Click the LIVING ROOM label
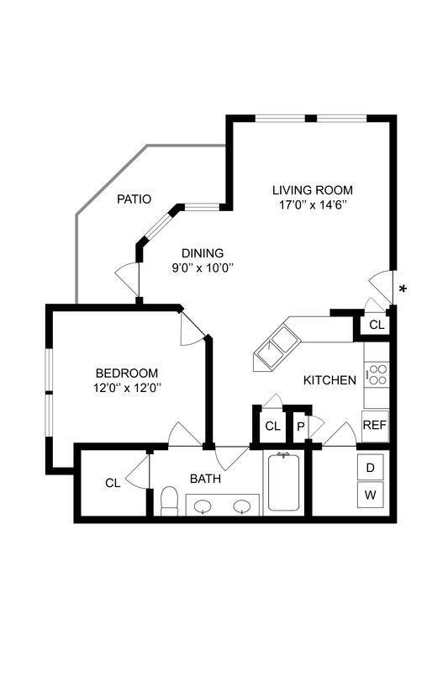coord(312,189)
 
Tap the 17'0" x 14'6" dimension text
coord(312,204)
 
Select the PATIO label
coord(134,199)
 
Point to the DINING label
coord(203,252)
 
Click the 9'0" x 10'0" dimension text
coord(203,268)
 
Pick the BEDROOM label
coord(126,373)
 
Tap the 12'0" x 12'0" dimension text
coord(126,388)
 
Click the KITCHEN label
coord(329,380)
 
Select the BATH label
coord(205,479)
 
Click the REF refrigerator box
coord(374,425)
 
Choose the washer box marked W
coord(371,495)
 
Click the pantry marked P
coord(300,427)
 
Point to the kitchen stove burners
coord(377,374)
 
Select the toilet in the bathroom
coord(168,501)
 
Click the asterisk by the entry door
coord(403,289)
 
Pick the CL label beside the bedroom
coord(112,483)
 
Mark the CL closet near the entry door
coord(376,325)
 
